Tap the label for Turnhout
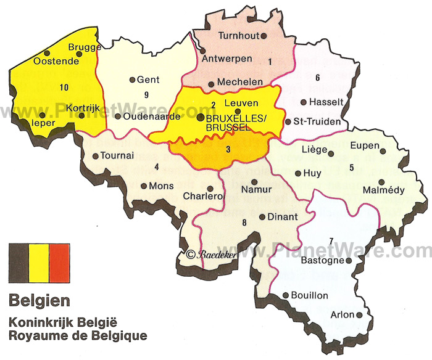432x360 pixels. point(237,36)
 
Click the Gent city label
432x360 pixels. point(148,80)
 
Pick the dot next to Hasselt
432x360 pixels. point(303,102)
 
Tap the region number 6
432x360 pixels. point(317,78)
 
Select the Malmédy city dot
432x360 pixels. point(381,182)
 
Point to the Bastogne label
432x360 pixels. point(322,261)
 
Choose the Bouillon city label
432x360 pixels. point(310,295)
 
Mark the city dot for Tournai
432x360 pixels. point(95,156)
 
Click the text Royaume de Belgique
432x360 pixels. point(78,336)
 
